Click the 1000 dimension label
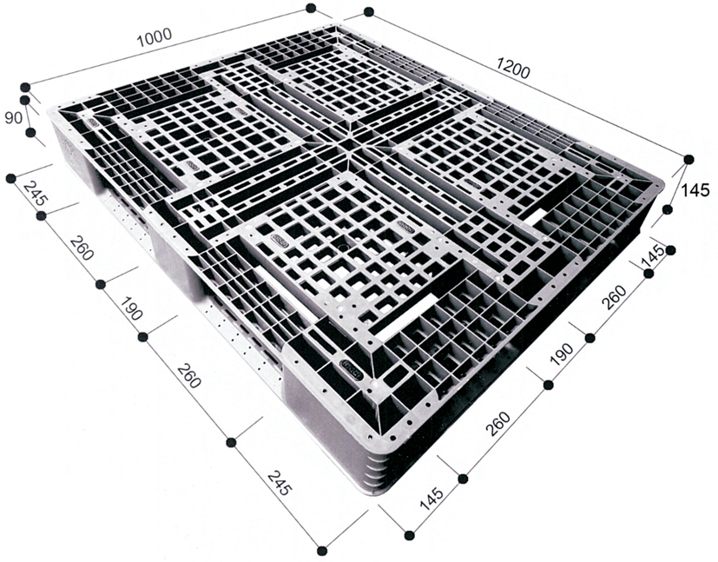tap(155, 37)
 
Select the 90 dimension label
tap(13, 118)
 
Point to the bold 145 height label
tap(695, 189)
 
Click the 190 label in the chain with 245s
tap(131, 308)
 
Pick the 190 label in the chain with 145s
tap(562, 354)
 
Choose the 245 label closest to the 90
tap(36, 193)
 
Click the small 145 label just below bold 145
tap(654, 256)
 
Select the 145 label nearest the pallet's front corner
tap(431, 499)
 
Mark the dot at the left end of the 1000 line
tap(26, 87)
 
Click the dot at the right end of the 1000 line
tap(311, 8)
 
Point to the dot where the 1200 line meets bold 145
tap(688, 160)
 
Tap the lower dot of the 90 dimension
tap(30, 133)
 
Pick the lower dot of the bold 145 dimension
tap(668, 210)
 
